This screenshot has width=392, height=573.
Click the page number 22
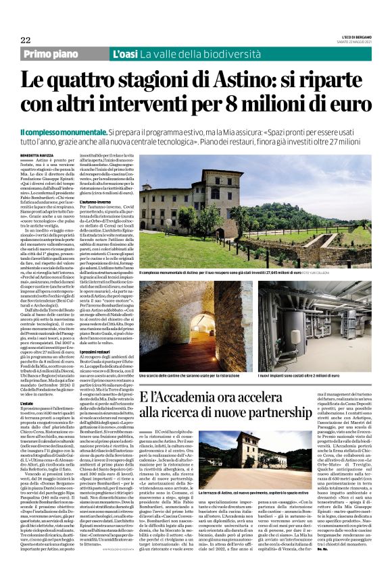tap(25, 40)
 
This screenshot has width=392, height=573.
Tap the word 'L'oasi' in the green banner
tap(126, 53)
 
